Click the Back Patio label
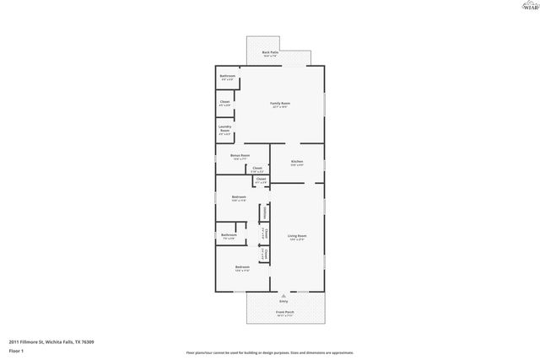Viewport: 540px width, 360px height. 270,54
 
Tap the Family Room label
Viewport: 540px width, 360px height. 279,105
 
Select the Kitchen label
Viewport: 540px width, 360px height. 297,163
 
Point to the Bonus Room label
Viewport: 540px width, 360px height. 240,156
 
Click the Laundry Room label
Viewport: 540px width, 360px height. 225,130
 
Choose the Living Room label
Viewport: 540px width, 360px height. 297,237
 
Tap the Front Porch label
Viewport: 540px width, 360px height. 284,314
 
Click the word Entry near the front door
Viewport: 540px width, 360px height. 283,301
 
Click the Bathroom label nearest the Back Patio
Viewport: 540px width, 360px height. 227,78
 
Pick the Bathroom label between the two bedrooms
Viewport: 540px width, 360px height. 229,236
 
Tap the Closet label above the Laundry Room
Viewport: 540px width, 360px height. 224,103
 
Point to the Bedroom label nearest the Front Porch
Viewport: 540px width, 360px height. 242,268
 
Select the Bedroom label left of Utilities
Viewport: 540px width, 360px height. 239,198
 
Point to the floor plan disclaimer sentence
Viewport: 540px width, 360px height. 269,352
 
